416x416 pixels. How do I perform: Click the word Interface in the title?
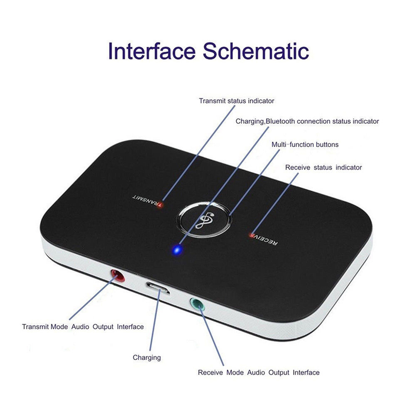pos(152,51)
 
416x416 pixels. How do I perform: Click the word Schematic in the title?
pos(256,51)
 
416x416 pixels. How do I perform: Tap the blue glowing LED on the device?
pos(177,250)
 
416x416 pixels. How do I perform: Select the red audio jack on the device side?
pos(117,276)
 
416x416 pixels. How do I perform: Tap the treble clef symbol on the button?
pos(204,221)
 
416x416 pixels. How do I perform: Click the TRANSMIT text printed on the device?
pos(145,200)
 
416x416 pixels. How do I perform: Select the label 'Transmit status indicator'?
pos(236,101)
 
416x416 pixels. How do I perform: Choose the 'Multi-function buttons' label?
pos(305,144)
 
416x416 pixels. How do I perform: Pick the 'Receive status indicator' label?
pos(323,167)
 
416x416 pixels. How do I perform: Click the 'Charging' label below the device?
pos(147,357)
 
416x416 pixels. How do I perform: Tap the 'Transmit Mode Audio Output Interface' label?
pos(83,327)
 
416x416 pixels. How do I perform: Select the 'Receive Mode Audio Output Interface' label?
pos(259,372)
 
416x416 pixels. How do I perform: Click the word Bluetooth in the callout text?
pos(280,121)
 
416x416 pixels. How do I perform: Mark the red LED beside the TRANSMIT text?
pos(160,205)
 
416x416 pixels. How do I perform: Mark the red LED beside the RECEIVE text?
pos(251,235)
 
